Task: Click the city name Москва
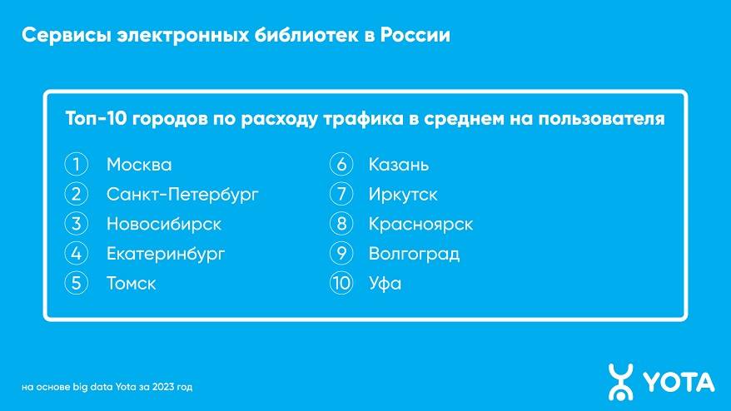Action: coord(139,165)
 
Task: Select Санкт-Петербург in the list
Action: coord(182,195)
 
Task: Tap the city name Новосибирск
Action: coord(164,224)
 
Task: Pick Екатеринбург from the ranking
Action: coord(166,255)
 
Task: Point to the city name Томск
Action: coord(131,284)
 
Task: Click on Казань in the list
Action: coord(399,165)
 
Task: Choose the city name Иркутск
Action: coord(403,195)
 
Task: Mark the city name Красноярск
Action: coord(420,225)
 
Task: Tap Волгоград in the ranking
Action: coord(414,255)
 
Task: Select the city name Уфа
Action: coord(385,284)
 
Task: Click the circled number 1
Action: coord(76,165)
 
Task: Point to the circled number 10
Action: coord(341,284)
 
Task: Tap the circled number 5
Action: coord(76,284)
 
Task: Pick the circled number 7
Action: coord(341,195)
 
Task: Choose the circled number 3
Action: coord(76,224)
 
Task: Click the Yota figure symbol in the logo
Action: coord(620,382)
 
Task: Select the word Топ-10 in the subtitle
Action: coord(96,118)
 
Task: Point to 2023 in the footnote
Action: coord(162,387)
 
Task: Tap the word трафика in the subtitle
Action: coord(363,118)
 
